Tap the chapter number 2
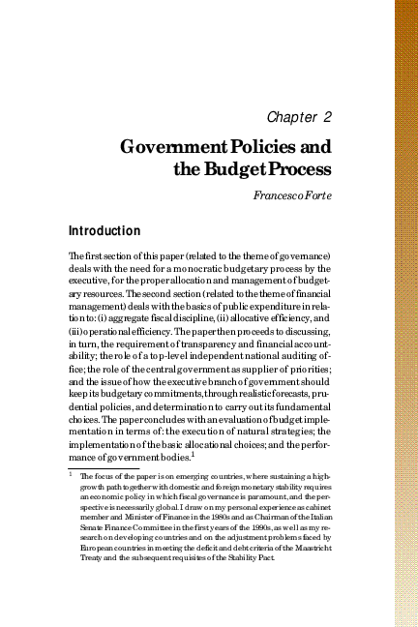click(328, 117)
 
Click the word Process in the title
click(298, 170)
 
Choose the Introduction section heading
click(104, 232)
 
